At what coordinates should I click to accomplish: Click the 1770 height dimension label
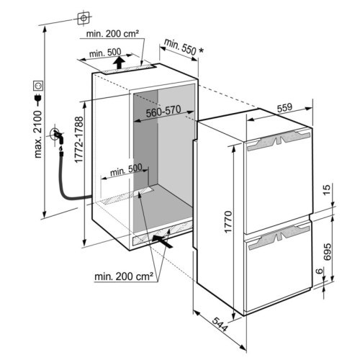[228, 222]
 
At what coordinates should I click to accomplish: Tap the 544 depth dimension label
[220, 324]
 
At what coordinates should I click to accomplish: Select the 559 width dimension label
[284, 108]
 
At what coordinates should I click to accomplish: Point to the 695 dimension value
[327, 252]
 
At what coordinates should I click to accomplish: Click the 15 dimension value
[327, 189]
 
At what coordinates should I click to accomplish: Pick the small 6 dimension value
[319, 271]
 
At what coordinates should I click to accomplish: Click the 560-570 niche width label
[163, 111]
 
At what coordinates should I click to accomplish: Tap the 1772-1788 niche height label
[78, 140]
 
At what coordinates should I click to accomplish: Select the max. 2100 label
[37, 135]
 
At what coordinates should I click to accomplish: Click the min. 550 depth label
[180, 49]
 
